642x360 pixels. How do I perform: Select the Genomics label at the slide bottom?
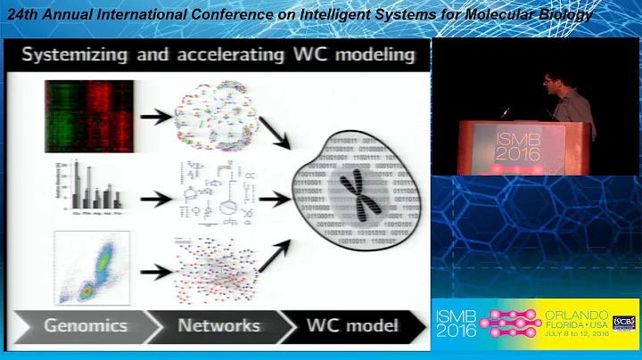click(86, 325)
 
